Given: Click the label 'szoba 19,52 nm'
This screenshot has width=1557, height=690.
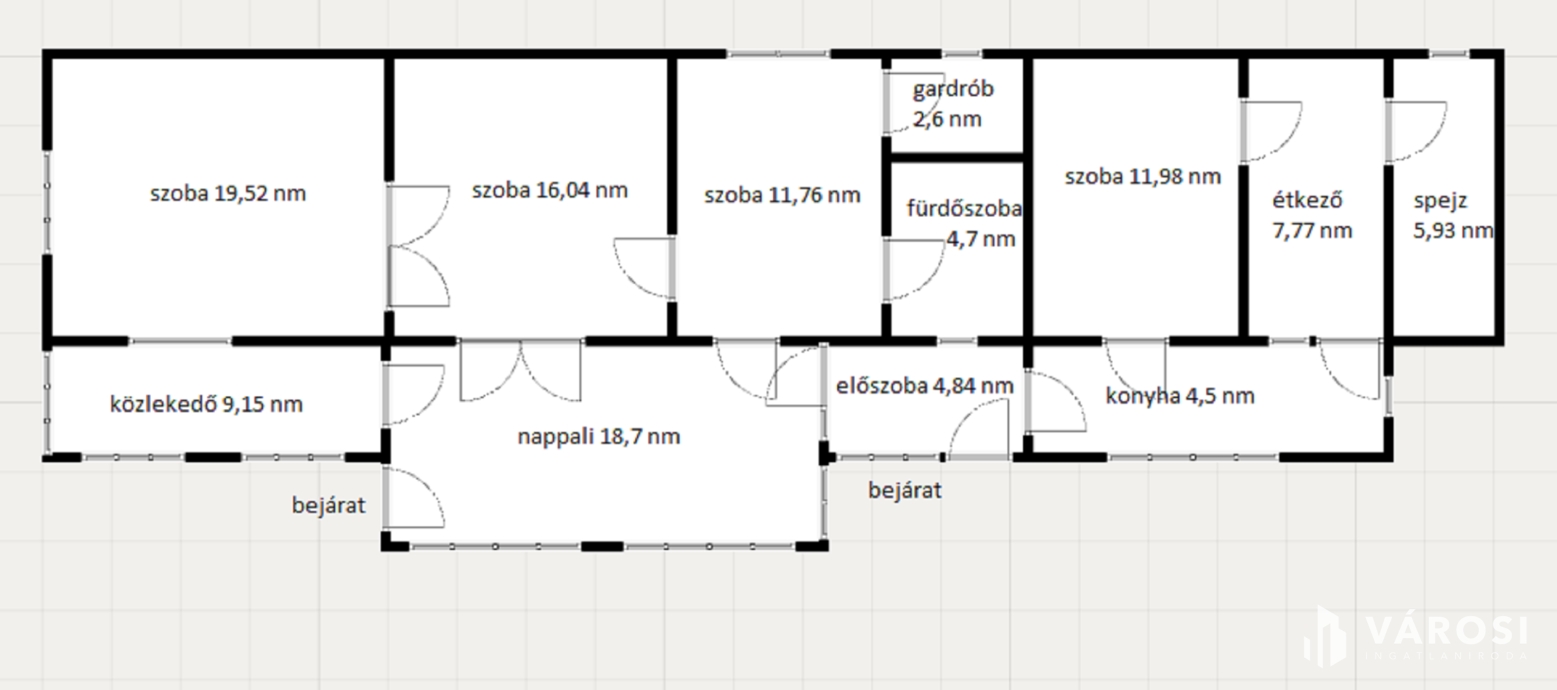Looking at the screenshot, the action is [x=228, y=194].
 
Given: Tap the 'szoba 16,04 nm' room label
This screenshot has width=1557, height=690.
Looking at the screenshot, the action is [x=549, y=190].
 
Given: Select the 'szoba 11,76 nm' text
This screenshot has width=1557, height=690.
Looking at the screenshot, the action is [x=782, y=195].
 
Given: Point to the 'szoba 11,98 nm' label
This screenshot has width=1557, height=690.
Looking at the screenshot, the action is [x=1142, y=177].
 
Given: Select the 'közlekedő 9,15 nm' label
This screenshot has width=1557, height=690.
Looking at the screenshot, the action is [x=206, y=404].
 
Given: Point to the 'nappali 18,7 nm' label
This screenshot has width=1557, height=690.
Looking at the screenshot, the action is [x=599, y=436].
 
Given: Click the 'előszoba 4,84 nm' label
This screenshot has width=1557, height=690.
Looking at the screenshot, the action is [x=925, y=386].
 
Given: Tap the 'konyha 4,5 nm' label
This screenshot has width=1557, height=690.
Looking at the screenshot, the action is [x=1180, y=396].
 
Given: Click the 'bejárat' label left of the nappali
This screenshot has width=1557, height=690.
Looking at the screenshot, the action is [x=328, y=505].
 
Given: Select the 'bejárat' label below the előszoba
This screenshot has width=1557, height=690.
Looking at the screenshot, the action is [x=905, y=490].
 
